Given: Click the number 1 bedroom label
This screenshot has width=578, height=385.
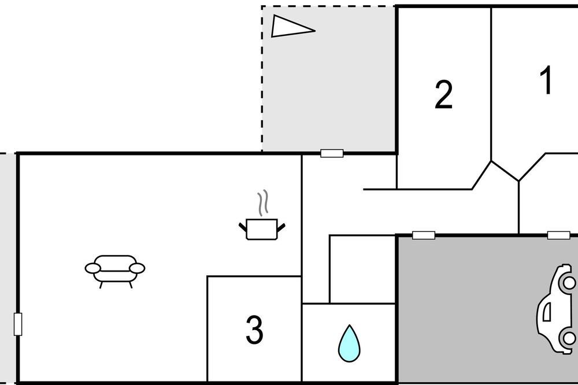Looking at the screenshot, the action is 546,80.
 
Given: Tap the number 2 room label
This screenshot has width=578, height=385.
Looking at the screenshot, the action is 443,95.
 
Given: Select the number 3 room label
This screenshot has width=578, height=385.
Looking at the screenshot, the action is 254,330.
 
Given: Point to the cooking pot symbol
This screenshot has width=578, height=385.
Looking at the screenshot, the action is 262,229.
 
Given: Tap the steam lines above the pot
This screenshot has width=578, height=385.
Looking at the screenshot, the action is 262,203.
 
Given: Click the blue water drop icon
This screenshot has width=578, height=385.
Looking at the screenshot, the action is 349,343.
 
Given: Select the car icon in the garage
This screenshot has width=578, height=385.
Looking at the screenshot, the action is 557,309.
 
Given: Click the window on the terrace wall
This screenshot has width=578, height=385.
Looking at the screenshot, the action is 332,153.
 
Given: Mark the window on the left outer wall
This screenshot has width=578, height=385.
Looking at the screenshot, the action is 18,324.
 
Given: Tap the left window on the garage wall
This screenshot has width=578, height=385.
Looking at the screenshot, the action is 424,235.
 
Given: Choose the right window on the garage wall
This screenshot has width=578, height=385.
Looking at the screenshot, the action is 559,235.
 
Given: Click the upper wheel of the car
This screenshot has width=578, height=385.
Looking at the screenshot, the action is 568,283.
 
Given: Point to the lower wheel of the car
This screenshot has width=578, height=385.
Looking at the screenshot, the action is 568,338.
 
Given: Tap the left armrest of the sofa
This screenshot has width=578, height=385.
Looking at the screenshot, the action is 93,268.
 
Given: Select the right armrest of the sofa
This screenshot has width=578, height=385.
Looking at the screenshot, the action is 137,268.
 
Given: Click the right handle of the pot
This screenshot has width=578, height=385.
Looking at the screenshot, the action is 281,228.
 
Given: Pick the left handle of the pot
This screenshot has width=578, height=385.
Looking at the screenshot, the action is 243,228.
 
